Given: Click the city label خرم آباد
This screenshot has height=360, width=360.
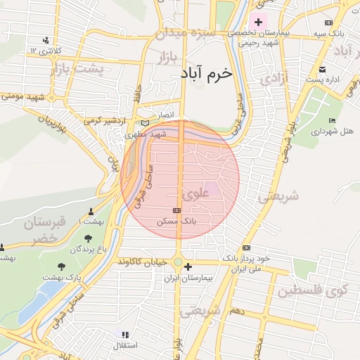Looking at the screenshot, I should click(x=205, y=73).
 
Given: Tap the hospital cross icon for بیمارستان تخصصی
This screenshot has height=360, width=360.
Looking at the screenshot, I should click(x=258, y=22).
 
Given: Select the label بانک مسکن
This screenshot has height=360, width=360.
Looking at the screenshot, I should click(x=179, y=221).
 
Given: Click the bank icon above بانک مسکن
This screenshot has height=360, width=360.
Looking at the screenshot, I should click(x=176, y=210).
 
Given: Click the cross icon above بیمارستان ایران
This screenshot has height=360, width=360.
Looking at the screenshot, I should click(x=188, y=267).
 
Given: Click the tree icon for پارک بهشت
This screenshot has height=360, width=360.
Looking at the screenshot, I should click(x=62, y=266).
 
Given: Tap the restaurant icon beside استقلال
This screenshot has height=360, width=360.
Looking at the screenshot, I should click(x=124, y=335).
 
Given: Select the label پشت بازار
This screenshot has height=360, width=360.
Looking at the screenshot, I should click(x=77, y=69).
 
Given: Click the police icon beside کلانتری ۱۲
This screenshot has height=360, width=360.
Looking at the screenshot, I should click(x=46, y=40).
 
